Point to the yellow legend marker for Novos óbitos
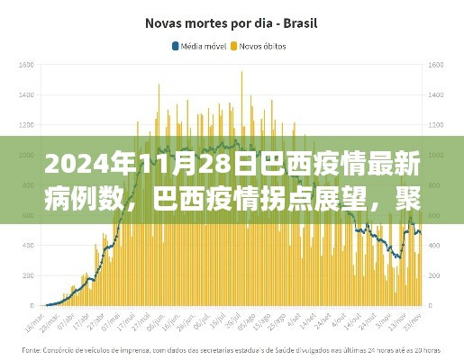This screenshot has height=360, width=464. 236,44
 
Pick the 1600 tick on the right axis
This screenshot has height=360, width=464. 440,65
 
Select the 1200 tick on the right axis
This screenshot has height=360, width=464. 440,125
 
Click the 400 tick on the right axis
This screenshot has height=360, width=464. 438,245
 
